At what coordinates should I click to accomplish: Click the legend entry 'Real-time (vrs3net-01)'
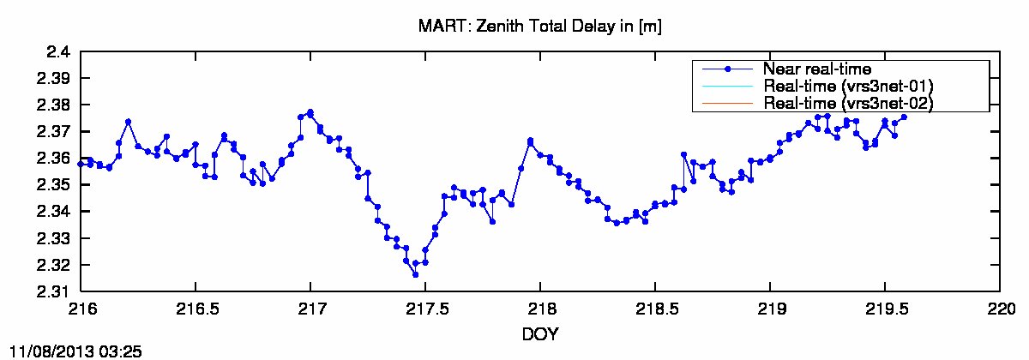tap(847, 86)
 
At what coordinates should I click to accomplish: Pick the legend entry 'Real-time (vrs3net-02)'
tap(847, 102)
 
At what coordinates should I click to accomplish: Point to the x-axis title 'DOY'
tap(540, 334)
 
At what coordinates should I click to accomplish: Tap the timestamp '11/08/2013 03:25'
tap(74, 351)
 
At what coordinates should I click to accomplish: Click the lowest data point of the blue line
tap(415, 274)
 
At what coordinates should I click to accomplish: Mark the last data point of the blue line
tap(904, 117)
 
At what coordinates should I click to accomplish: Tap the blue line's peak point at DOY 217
tap(310, 112)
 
